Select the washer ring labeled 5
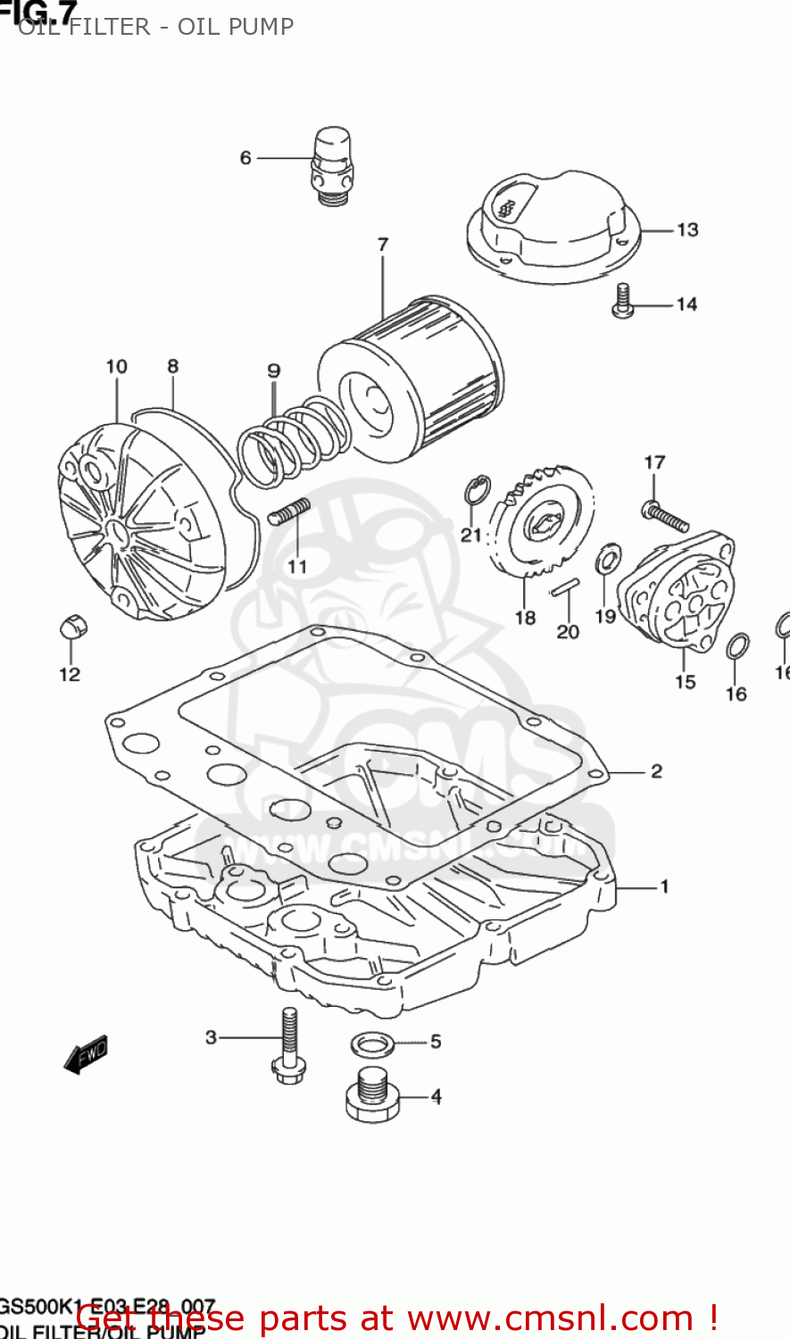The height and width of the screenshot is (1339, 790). [373, 1043]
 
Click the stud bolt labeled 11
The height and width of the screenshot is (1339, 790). [288, 512]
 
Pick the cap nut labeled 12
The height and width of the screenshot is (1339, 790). [71, 628]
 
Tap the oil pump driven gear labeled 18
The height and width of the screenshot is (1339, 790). [541, 521]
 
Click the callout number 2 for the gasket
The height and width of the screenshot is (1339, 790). [656, 771]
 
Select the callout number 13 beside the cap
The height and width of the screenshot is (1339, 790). [686, 230]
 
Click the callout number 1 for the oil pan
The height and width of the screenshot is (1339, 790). [664, 886]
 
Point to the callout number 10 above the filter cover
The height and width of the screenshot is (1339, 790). [116, 367]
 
